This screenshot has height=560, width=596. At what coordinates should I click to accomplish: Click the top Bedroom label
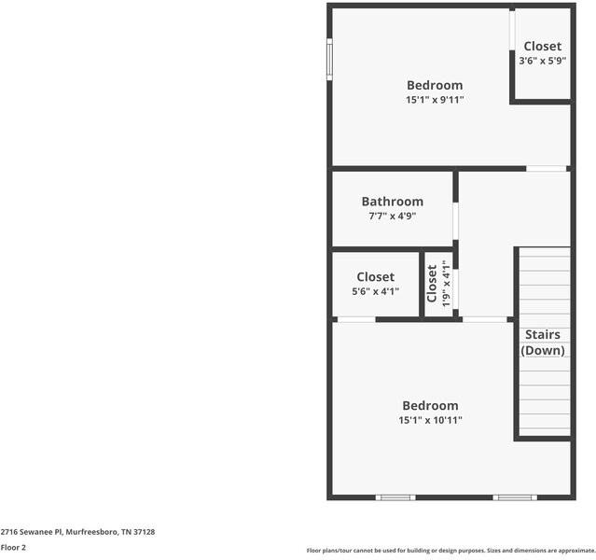click(x=434, y=85)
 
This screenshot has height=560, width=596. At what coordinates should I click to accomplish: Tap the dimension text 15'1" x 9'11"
click(x=434, y=100)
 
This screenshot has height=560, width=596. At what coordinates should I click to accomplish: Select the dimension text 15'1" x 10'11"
click(x=430, y=420)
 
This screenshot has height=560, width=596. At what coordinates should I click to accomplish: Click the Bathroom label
click(x=392, y=201)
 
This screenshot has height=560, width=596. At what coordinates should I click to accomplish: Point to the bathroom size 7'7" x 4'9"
click(x=392, y=216)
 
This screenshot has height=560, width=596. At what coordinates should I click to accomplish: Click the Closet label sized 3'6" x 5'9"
click(x=542, y=46)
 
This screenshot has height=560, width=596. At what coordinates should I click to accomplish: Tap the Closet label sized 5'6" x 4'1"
click(x=375, y=276)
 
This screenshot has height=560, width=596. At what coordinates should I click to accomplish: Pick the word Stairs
click(x=543, y=334)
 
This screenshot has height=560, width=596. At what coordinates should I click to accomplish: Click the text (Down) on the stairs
click(x=543, y=351)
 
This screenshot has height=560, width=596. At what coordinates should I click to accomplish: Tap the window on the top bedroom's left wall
click(x=329, y=59)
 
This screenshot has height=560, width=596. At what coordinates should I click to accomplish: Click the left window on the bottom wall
click(x=395, y=497)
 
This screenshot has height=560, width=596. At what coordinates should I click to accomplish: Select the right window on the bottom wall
click(x=515, y=497)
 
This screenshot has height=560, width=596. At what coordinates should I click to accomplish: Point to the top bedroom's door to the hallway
click(x=547, y=168)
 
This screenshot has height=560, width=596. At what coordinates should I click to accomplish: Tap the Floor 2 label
click(x=13, y=548)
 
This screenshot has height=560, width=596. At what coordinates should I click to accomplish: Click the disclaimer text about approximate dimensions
click(x=450, y=551)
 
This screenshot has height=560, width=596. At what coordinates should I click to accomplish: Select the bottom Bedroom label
click(x=430, y=405)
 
